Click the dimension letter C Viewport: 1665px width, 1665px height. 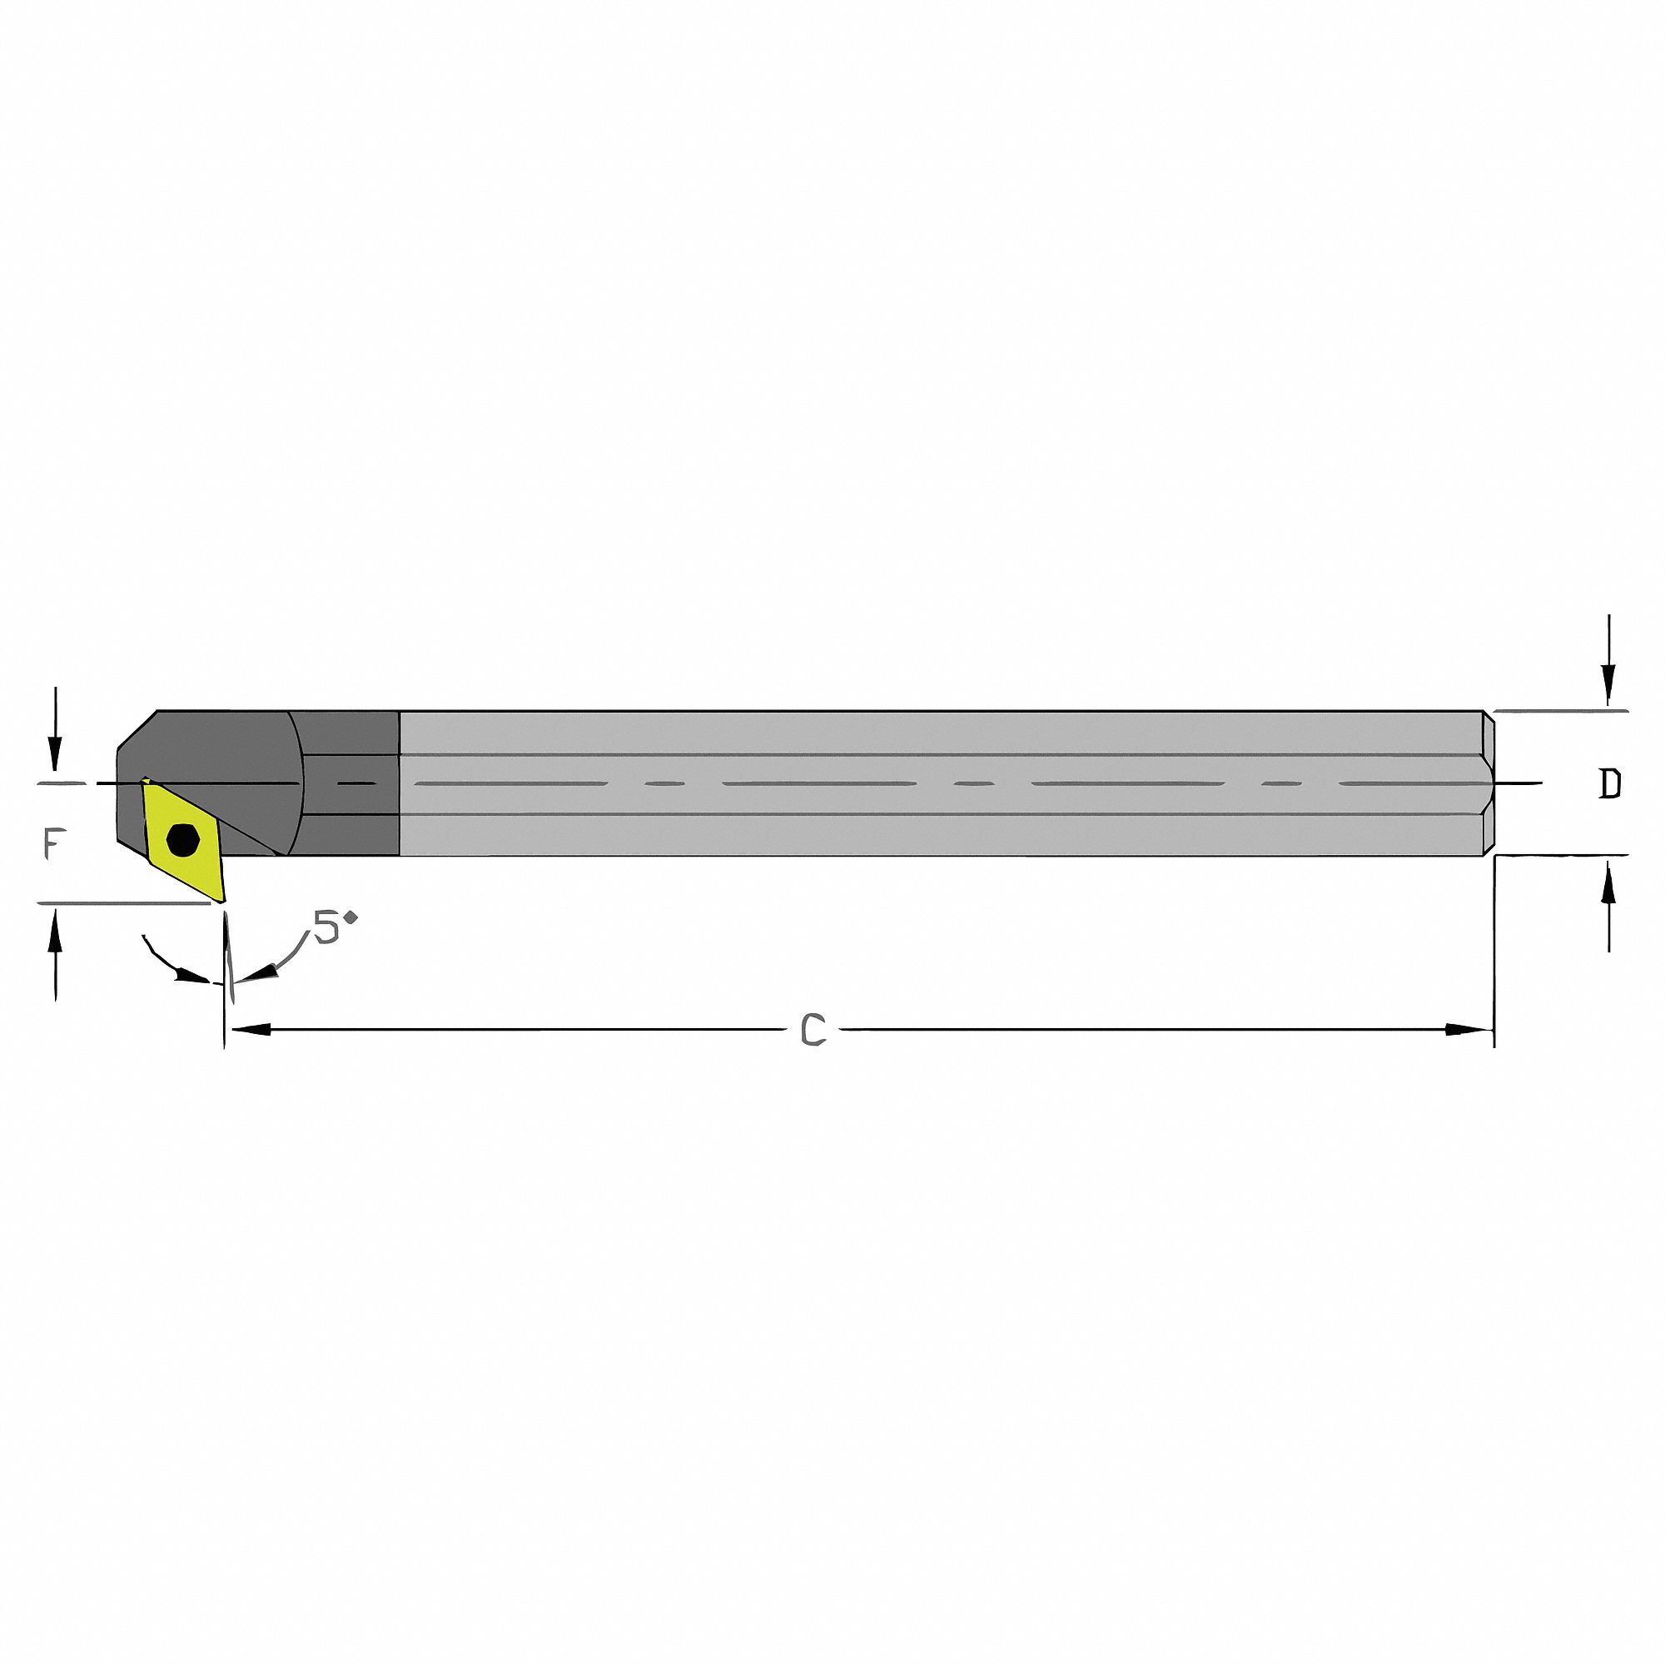click(813, 1029)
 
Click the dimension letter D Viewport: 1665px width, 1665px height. click(1609, 783)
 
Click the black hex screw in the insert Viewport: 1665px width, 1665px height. click(182, 838)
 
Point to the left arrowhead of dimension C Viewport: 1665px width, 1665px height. click(250, 1029)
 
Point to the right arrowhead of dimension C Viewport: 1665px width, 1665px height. click(1469, 1029)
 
